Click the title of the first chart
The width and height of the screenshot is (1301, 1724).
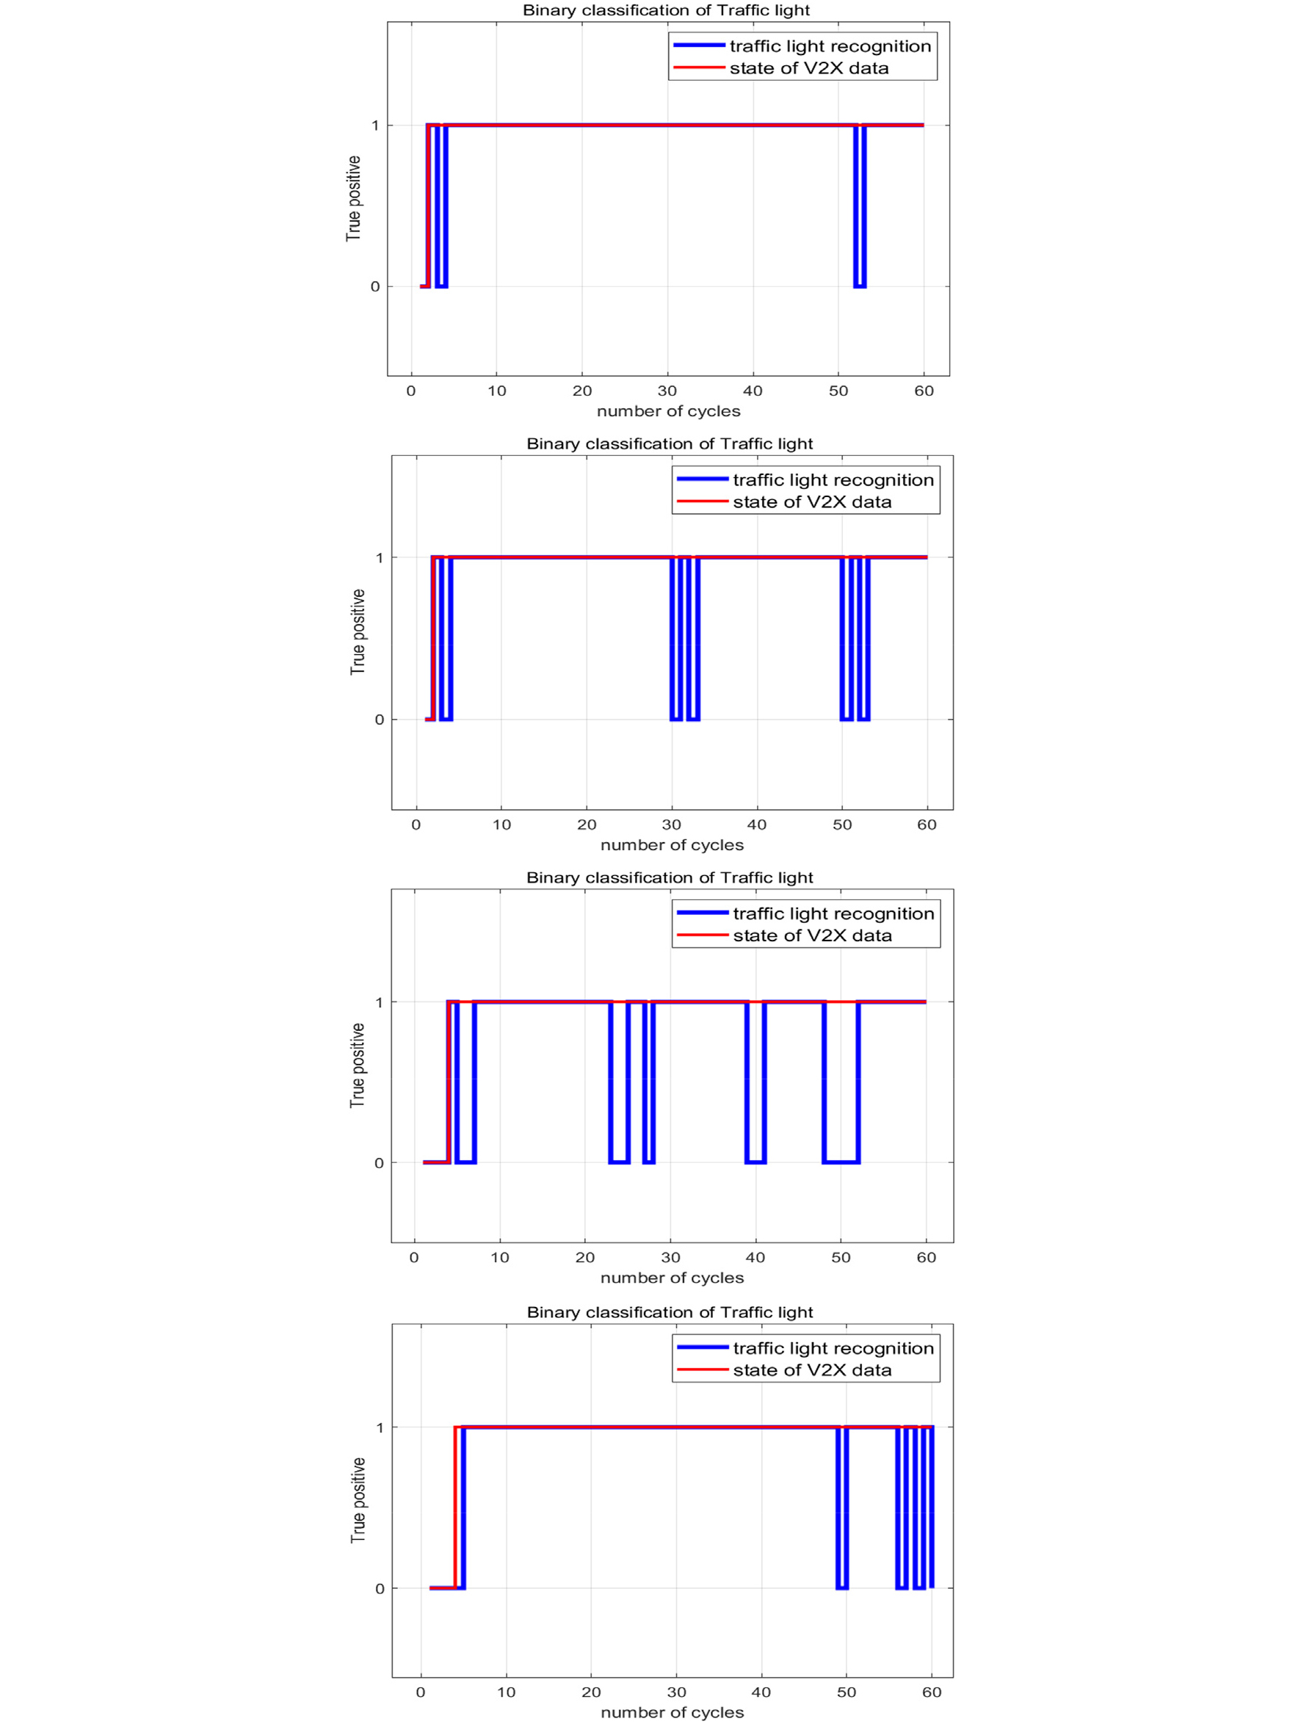coord(666,10)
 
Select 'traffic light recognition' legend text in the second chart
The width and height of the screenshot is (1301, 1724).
coord(833,480)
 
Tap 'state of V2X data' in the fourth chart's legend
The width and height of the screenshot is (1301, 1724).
coord(812,1369)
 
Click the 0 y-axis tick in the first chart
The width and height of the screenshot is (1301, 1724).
coord(375,287)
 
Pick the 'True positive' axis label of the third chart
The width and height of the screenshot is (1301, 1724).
coord(357,1065)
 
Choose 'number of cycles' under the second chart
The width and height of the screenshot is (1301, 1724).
coord(672,845)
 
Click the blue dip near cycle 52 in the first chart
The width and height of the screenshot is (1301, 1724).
coord(860,206)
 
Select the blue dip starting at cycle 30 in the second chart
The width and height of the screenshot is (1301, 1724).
coord(677,639)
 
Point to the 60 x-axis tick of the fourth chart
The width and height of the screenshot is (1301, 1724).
coord(932,1692)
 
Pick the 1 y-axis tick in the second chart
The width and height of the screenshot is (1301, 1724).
coord(380,557)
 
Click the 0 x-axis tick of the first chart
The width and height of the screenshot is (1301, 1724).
coord(412,391)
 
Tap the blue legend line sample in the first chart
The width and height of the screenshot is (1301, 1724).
coord(699,46)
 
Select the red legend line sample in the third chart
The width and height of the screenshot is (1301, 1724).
coord(703,935)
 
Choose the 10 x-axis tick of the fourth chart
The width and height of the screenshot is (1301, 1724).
coord(506,1692)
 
